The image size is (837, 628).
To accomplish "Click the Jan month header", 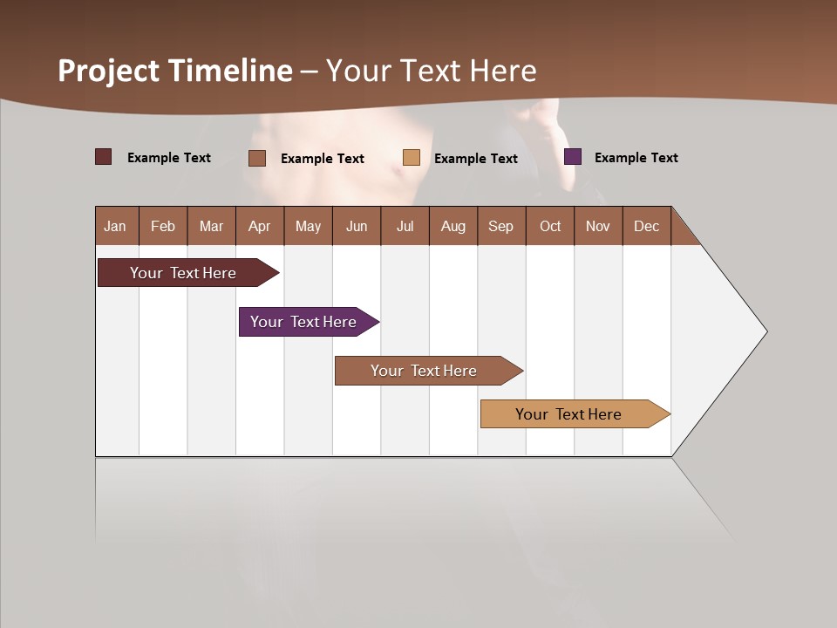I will [x=116, y=226].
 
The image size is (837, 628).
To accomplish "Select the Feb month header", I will [x=163, y=226].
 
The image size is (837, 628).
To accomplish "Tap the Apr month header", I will [x=260, y=226].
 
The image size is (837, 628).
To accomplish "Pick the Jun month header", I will [x=357, y=226].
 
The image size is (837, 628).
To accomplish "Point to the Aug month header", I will [x=453, y=226].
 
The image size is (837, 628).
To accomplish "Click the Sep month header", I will [x=501, y=226].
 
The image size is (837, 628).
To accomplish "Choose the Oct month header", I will [x=550, y=226].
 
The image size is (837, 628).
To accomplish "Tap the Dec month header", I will [x=647, y=226].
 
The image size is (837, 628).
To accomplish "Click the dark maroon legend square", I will [x=104, y=157].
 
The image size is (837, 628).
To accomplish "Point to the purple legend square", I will [x=573, y=157].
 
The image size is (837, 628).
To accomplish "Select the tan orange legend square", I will [x=412, y=158].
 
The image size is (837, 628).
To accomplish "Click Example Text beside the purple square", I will [x=636, y=158].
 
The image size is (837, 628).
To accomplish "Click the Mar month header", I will [x=211, y=226].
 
